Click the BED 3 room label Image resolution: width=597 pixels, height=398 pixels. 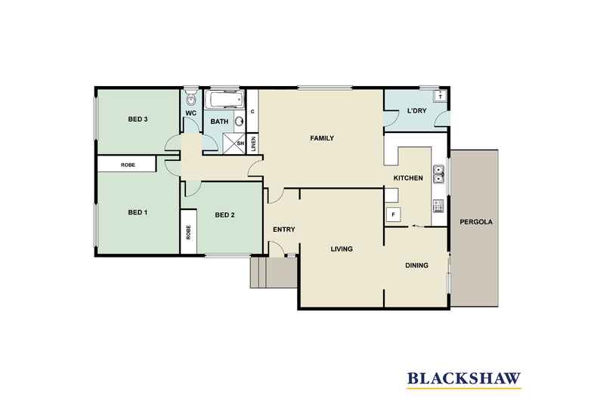tap(138, 119)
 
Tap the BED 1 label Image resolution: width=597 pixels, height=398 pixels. tap(138, 212)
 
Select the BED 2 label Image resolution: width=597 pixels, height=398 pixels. tap(224, 215)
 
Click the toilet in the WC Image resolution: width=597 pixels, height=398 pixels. tap(190, 99)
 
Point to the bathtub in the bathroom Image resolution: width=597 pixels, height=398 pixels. tap(224, 100)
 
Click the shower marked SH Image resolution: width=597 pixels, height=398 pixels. tap(234, 143)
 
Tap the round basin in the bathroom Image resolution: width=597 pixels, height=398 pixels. tap(239, 122)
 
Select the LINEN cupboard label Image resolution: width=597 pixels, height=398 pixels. tap(254, 143)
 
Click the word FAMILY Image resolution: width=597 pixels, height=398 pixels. tap(322, 138)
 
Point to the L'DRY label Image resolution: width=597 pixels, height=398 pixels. tap(417, 111)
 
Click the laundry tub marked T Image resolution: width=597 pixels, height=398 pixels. tap(440, 96)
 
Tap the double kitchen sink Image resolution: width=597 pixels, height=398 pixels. tap(438, 174)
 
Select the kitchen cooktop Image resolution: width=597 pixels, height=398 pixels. tap(438, 206)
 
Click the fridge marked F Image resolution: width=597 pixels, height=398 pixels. tap(393, 215)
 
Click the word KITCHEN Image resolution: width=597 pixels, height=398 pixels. tap(408, 178)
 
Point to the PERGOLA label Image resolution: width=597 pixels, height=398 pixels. tap(476, 222)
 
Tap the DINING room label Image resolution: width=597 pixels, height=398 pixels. tap(416, 265)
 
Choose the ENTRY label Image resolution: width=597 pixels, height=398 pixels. tap(284, 230)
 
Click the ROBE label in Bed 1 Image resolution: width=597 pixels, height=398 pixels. tap(128, 165)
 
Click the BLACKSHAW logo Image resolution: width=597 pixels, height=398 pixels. tap(464, 378)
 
